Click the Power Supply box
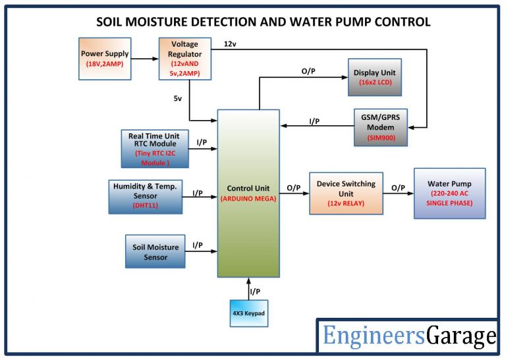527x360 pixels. pos(105,58)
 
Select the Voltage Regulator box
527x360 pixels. pos(180,58)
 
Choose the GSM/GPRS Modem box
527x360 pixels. pos(380,127)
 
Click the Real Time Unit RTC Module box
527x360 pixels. pos(153,149)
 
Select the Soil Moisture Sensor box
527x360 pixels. pos(155,252)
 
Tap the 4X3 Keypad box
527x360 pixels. pos(248,314)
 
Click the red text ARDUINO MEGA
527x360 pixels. pos(248,198)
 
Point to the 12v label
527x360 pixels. pos(230,44)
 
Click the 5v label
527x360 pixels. pos(179,98)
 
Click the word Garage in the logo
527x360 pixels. pos(461,336)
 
